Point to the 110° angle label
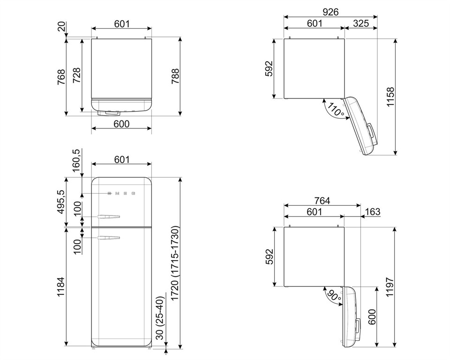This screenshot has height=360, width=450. (x=336, y=110)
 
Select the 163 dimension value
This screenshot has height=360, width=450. (x=373, y=212)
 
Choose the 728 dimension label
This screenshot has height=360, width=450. (x=76, y=75)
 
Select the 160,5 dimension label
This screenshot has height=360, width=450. (x=77, y=161)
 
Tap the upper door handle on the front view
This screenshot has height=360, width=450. (x=109, y=216)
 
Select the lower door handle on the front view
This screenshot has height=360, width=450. (x=109, y=238)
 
